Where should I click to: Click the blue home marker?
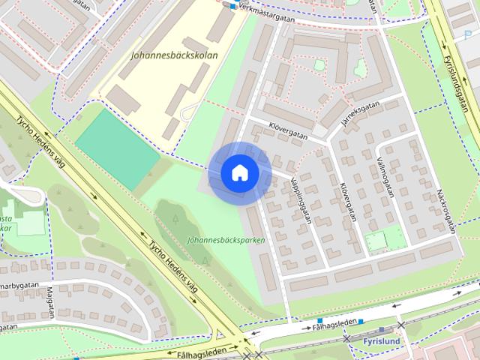(x=239, y=173)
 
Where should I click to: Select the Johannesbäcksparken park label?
(x=226, y=241)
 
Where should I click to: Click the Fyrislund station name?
(x=380, y=340)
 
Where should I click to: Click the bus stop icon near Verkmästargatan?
(x=233, y=6)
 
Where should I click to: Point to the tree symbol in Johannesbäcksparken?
(x=175, y=218)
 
